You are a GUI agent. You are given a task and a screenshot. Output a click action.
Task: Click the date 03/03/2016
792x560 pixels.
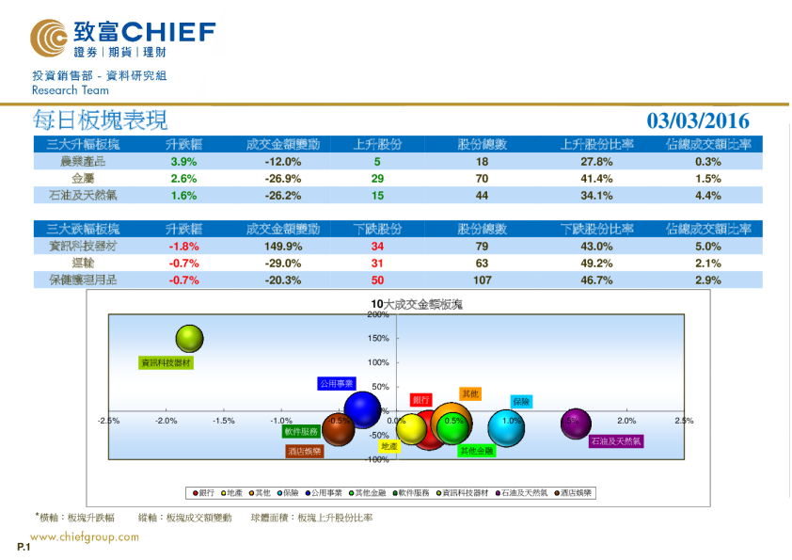[x=698, y=120]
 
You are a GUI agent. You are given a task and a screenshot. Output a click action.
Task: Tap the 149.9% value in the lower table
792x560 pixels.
[x=283, y=247]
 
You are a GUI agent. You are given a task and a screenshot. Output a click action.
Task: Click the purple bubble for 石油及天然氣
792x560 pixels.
[x=576, y=424]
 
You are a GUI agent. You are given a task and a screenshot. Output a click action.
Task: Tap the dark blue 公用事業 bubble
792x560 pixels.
[x=362, y=409]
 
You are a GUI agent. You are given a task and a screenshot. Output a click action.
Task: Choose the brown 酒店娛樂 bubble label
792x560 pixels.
[x=305, y=452]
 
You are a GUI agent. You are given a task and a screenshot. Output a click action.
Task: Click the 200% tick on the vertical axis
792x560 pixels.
[x=378, y=315]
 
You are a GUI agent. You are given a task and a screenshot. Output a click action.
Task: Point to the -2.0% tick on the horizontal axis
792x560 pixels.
[x=166, y=421]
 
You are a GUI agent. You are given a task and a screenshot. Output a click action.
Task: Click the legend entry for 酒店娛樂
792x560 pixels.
[x=574, y=492]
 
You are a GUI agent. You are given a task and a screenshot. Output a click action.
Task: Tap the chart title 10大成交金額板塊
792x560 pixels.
[x=417, y=304]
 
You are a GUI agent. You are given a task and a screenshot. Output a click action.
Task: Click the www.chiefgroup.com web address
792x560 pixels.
[x=86, y=537]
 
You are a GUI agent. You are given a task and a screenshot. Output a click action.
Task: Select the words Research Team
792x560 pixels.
[x=71, y=90]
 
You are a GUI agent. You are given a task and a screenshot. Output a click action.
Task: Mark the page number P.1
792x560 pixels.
[x=24, y=547]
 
